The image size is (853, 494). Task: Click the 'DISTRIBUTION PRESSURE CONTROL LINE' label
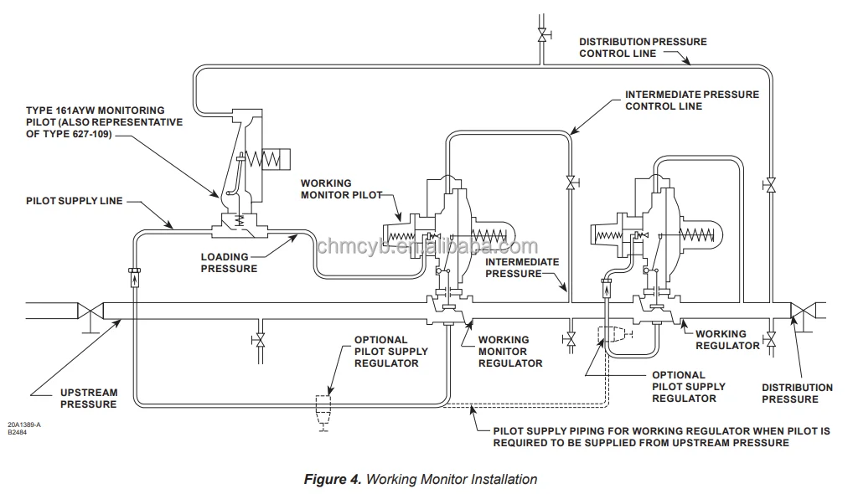point(643,47)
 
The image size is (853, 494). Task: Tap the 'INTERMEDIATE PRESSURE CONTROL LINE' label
point(691,100)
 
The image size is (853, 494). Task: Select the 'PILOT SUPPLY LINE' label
point(74,201)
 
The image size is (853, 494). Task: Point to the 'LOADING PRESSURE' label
point(229,263)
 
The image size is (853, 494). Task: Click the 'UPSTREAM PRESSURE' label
point(88,399)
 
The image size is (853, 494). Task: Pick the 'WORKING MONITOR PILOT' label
point(338,189)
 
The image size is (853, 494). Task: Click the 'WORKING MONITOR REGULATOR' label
point(509,352)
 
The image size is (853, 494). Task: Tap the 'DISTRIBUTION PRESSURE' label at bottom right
point(797,394)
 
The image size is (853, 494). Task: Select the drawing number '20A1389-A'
point(24,425)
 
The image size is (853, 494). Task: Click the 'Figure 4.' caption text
point(332,480)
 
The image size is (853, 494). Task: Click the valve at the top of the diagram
point(541,35)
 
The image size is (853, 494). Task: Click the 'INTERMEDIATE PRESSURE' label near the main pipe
point(522,268)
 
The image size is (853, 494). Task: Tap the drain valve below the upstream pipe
point(260,340)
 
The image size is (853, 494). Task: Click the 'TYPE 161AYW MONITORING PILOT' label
point(104,122)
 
